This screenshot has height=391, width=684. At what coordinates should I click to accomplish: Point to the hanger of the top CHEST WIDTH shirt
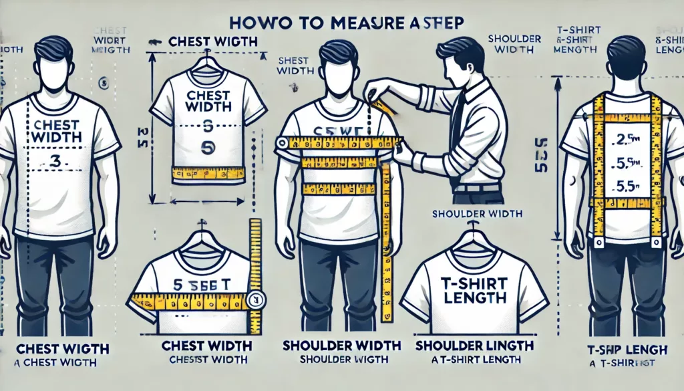pyautogui.click(x=208, y=67)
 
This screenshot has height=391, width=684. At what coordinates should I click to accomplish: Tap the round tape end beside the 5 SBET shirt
pyautogui.click(x=254, y=300)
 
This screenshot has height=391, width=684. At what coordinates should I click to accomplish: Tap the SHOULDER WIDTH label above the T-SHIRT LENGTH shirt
pyautogui.click(x=476, y=214)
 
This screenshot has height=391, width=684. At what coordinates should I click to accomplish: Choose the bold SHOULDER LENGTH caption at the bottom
pyautogui.click(x=474, y=346)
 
